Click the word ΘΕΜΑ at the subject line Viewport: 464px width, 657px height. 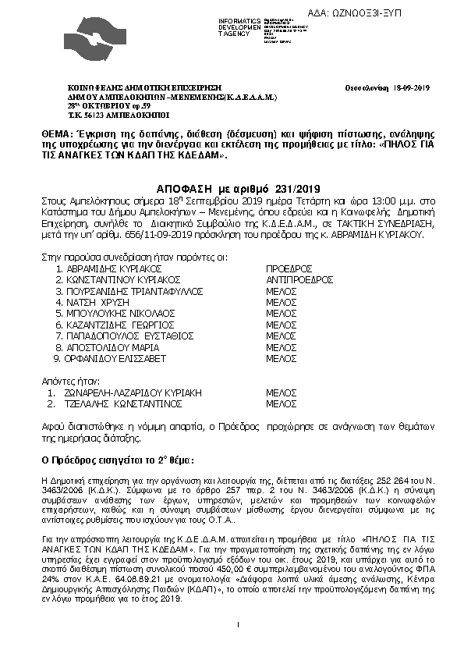pos(60,136)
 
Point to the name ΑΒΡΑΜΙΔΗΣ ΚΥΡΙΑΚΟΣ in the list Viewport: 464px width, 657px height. pos(112,268)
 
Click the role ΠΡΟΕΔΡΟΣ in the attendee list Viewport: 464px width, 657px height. pos(289,268)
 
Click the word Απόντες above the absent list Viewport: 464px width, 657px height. pos(59,382)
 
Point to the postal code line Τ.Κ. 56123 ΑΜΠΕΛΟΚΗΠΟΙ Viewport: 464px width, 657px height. pos(107,113)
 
